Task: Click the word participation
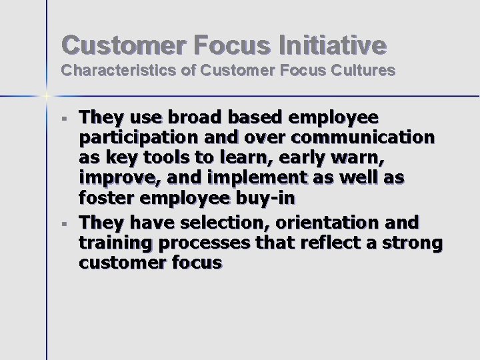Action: (x=133, y=139)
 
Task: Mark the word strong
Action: (x=414, y=243)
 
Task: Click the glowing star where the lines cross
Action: (x=47, y=96)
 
